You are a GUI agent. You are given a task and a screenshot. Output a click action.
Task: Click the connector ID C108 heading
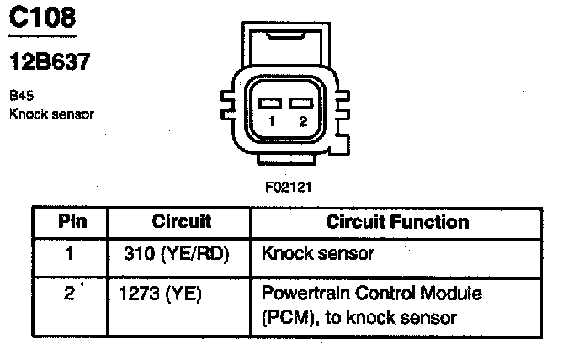[x=42, y=19]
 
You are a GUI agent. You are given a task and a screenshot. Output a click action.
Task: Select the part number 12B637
[x=50, y=62]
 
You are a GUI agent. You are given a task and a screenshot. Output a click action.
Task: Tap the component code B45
[x=19, y=96]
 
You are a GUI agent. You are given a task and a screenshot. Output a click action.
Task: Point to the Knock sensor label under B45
[x=51, y=113]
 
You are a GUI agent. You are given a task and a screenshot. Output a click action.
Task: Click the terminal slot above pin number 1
[x=270, y=103]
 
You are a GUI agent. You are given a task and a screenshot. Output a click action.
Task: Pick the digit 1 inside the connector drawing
[x=271, y=123]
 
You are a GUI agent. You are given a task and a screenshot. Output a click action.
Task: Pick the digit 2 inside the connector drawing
[x=302, y=123]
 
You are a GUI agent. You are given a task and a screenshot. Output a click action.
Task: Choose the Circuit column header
[x=181, y=222]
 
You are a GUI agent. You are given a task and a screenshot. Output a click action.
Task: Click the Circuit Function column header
[x=397, y=222]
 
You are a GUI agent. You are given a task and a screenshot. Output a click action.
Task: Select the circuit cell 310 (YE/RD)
[x=176, y=251]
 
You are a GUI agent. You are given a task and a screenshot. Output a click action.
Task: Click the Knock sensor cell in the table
[x=318, y=251]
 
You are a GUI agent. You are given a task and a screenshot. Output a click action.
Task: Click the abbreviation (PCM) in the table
[x=287, y=318]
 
